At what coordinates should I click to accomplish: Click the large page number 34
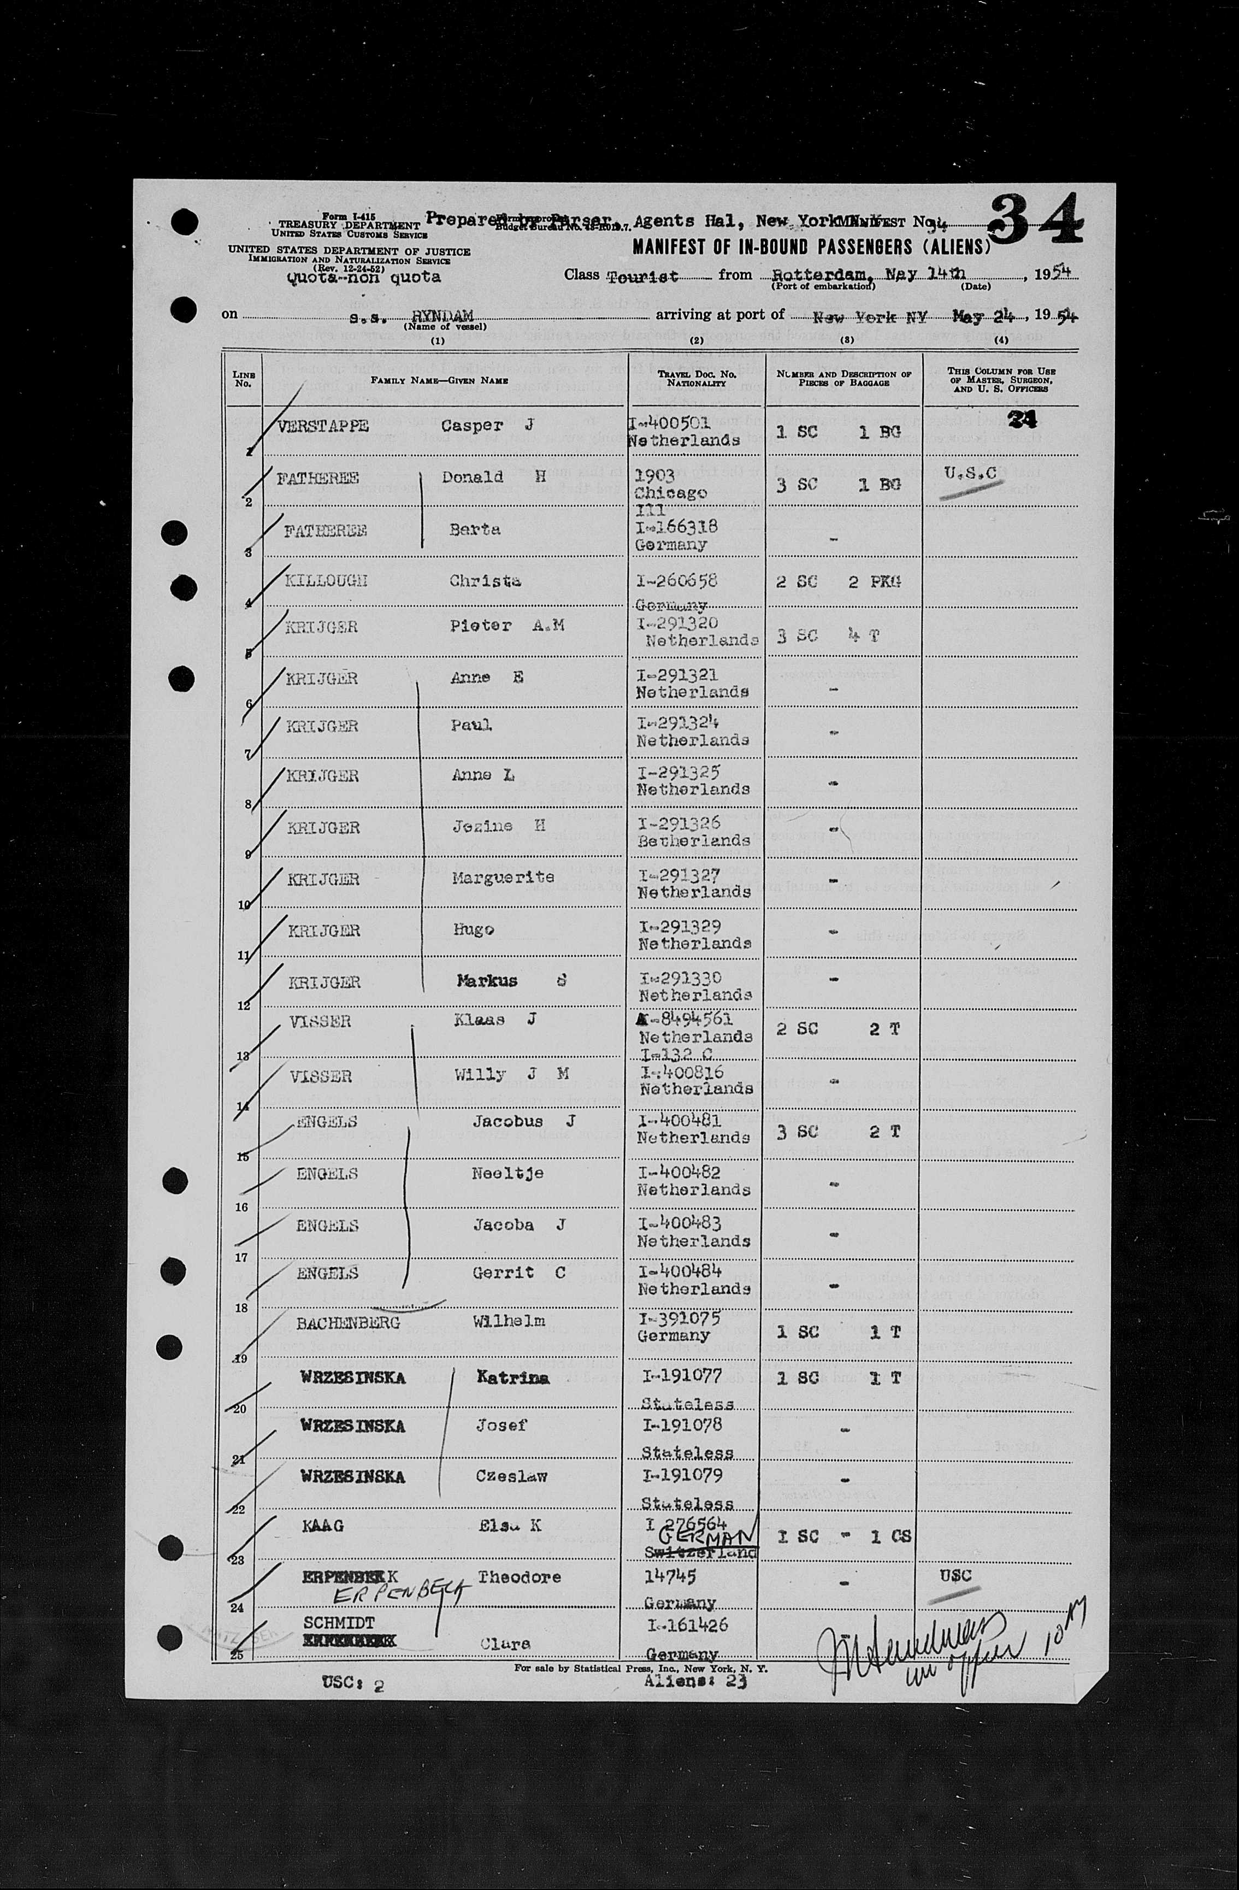pos(1036,219)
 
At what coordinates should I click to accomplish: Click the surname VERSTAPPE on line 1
pos(323,426)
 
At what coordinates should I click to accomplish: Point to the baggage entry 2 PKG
pos(874,581)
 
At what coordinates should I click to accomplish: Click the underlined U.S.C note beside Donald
pos(970,475)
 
